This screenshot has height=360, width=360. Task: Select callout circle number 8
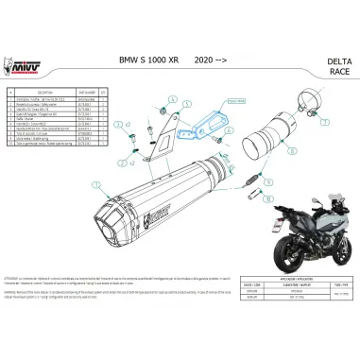[291, 148]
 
